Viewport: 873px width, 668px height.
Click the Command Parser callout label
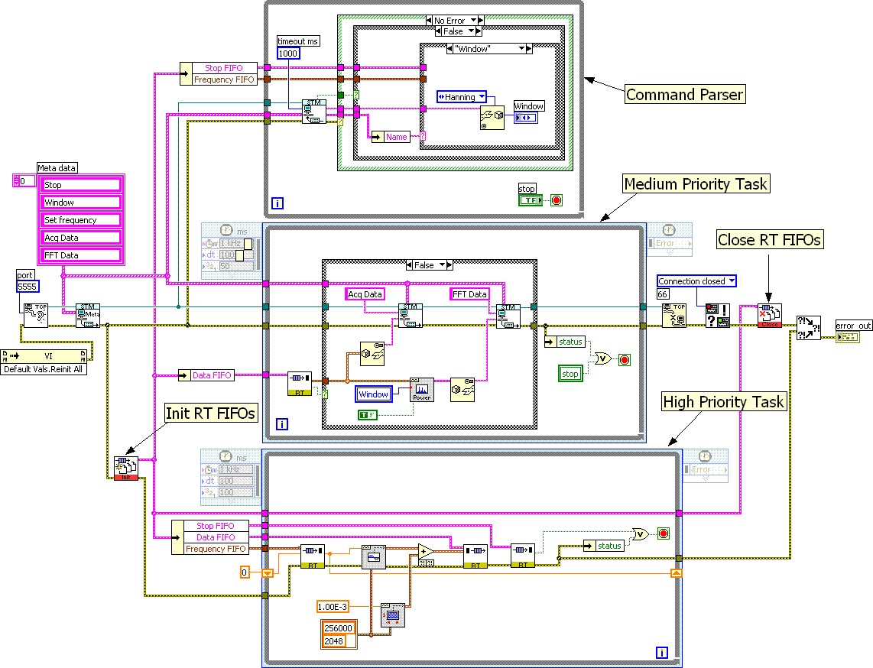[684, 95]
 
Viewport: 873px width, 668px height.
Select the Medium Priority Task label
[695, 184]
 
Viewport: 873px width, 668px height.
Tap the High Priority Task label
[723, 401]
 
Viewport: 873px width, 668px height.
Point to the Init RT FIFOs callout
[211, 413]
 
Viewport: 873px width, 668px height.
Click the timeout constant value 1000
[288, 54]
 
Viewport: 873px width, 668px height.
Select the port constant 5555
[27, 286]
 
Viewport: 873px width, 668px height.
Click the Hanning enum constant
[462, 97]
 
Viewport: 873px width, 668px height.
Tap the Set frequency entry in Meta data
[80, 220]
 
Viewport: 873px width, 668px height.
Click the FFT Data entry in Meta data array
[80, 255]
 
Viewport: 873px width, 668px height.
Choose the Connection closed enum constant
[696, 281]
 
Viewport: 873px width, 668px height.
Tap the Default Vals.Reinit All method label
[45, 368]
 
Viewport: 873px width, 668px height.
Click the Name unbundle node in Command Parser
[396, 137]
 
